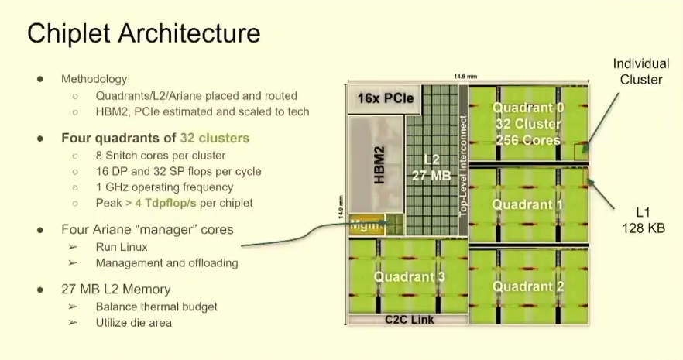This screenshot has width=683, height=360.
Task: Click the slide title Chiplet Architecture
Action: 143,34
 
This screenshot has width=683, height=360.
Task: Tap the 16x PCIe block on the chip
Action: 385,99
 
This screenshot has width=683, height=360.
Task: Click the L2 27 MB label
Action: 431,168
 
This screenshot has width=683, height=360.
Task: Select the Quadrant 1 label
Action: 529,205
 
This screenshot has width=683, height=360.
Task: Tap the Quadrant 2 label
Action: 529,286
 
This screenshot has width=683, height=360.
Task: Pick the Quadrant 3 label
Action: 408,276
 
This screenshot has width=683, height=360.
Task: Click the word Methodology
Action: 95,79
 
